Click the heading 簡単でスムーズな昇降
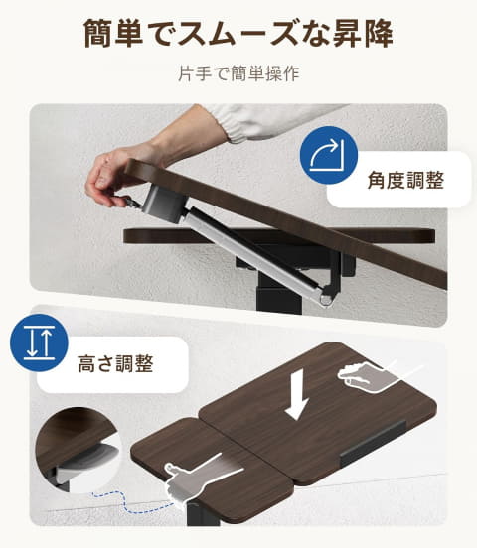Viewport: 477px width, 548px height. (238, 33)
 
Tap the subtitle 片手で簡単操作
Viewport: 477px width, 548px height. (238, 73)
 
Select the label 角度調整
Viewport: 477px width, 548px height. (405, 180)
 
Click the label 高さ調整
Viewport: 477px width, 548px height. (115, 363)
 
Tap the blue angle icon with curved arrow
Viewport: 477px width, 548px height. (329, 155)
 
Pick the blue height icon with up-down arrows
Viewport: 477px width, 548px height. (39, 342)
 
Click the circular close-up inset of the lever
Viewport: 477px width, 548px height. (78, 450)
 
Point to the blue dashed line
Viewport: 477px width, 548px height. (132, 503)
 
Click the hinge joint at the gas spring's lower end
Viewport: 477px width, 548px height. (326, 297)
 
